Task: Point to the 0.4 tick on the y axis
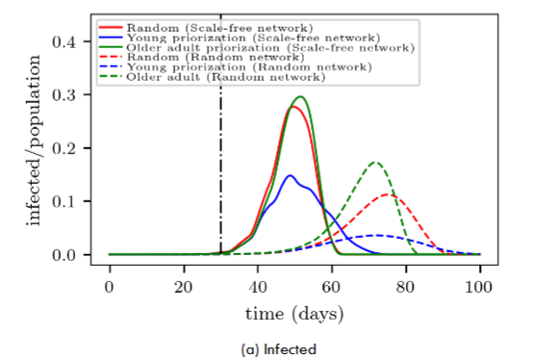[65, 41]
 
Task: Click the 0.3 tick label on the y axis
[65, 94]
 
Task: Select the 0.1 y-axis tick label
[65, 201]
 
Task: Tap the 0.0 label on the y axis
[65, 255]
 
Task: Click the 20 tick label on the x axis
[184, 289]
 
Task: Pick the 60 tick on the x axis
[332, 289]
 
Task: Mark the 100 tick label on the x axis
[480, 289]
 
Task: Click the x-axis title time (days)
[294, 314]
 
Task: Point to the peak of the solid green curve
[300, 96]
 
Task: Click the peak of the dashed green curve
[374, 163]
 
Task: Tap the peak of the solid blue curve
[290, 175]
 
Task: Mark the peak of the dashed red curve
[389, 194]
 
